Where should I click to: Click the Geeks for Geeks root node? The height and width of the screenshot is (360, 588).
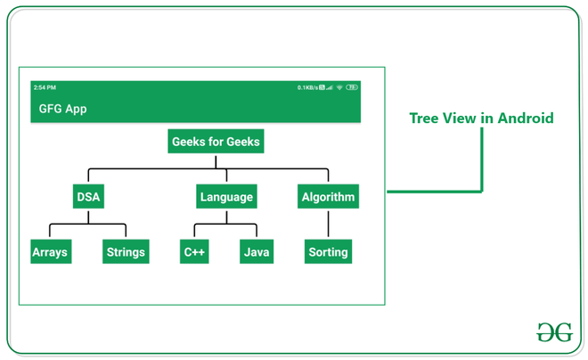tap(216, 142)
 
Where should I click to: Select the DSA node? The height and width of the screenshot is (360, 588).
tap(88, 197)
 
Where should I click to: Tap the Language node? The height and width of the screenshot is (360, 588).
tap(226, 197)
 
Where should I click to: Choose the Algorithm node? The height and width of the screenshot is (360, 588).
tap(328, 197)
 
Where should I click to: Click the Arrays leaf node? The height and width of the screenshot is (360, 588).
tap(50, 252)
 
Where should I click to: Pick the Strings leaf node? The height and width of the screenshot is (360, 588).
tap(126, 252)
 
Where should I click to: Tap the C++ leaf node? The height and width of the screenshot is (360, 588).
tap(194, 252)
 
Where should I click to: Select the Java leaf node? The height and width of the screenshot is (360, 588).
tap(257, 252)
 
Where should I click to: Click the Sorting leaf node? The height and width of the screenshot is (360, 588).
tap(328, 252)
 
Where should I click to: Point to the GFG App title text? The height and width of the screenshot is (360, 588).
tap(62, 109)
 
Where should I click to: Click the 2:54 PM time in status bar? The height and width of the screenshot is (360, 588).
tap(45, 87)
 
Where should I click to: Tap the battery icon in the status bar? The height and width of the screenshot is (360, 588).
tap(353, 87)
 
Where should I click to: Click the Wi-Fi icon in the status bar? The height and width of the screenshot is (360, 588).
tap(339, 87)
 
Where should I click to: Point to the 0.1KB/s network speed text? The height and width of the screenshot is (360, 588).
tap(307, 87)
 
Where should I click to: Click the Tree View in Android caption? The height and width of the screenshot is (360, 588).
tap(481, 119)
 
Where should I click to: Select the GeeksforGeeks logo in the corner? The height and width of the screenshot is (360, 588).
tap(554, 331)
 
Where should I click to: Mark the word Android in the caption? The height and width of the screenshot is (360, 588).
tap(526, 119)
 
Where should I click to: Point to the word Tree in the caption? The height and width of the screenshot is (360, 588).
tap(425, 119)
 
